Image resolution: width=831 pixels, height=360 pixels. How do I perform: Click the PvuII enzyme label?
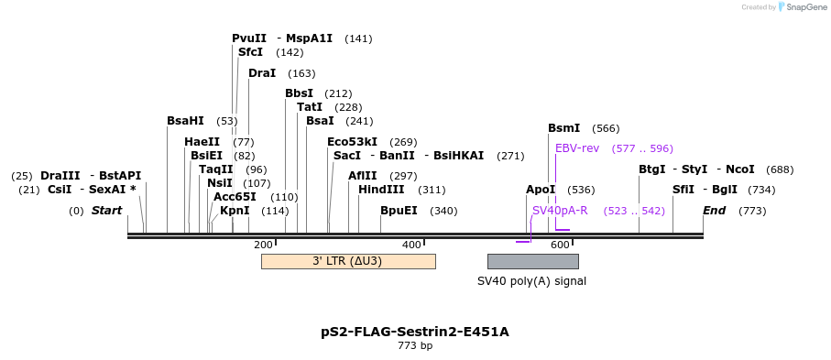pyautogui.click(x=249, y=38)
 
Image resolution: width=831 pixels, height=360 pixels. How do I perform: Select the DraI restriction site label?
pyautogui.click(x=262, y=73)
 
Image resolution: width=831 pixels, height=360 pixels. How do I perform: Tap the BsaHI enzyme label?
pyautogui.click(x=185, y=121)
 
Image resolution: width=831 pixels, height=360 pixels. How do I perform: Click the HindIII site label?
pyautogui.click(x=380, y=190)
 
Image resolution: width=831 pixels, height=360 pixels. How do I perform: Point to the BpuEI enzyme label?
pyautogui.click(x=399, y=211)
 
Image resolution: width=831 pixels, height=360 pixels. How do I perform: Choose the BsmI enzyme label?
pyautogui.click(x=563, y=128)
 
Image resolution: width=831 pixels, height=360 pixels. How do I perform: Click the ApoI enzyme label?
pyautogui.click(x=541, y=190)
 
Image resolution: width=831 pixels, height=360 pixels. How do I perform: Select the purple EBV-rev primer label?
pyautogui.click(x=577, y=148)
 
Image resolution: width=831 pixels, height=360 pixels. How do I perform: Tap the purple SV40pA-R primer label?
pyautogui.click(x=560, y=211)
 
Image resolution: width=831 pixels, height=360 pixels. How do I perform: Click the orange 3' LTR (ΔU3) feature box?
pyautogui.click(x=347, y=261)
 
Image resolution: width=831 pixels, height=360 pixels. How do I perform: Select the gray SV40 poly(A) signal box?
pyautogui.click(x=532, y=261)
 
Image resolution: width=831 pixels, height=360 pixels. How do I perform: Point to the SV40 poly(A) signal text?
pyautogui.click(x=531, y=281)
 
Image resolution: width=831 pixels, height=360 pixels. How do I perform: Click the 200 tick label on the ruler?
pyautogui.click(x=263, y=245)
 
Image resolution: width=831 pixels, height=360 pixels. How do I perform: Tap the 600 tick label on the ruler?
pyautogui.click(x=560, y=245)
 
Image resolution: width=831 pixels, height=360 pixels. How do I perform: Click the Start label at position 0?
pyautogui.click(x=106, y=211)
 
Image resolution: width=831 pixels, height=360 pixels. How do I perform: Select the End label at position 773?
pyautogui.click(x=714, y=211)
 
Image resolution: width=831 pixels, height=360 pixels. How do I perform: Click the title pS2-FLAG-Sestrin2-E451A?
pyautogui.click(x=415, y=332)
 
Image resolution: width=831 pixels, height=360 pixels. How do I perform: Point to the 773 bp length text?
pyautogui.click(x=415, y=346)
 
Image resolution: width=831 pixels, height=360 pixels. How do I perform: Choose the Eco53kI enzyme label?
pyautogui.click(x=353, y=142)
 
